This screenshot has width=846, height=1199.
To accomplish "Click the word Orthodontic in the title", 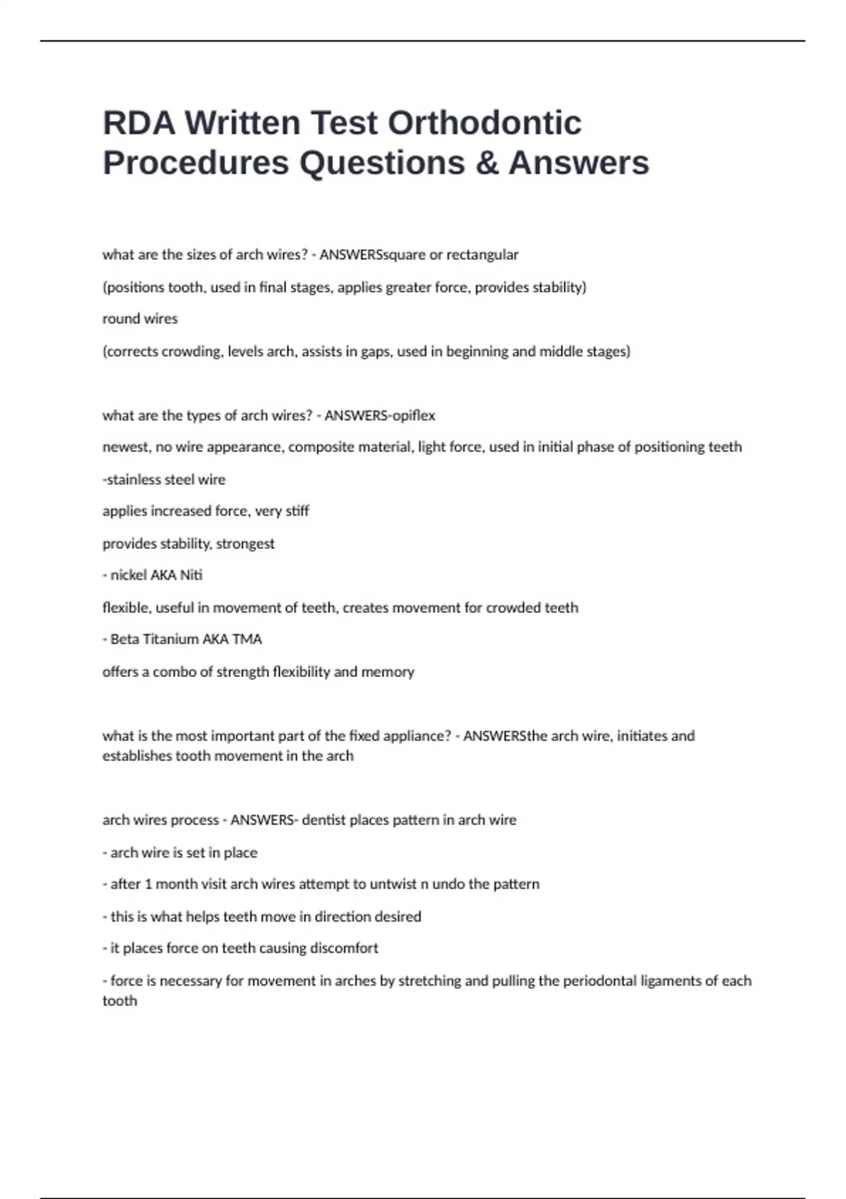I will (x=484, y=123).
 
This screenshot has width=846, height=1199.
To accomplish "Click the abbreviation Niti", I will (x=191, y=576).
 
